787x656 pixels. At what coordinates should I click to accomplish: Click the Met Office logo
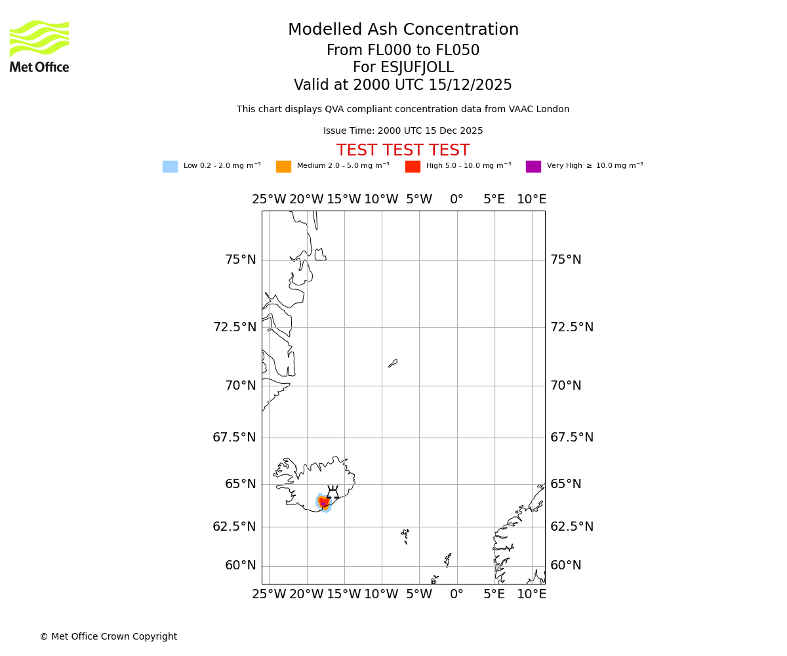39,46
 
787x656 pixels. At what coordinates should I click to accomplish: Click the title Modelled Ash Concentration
403,30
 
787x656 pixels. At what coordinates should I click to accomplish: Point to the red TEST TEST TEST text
403,151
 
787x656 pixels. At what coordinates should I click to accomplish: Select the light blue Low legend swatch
170,167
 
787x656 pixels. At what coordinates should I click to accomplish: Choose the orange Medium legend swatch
283,167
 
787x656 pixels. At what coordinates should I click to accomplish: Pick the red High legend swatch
413,167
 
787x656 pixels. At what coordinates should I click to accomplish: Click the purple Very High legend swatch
533,167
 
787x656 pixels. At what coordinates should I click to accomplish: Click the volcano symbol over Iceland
333,493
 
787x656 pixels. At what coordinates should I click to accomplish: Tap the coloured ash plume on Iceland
323,503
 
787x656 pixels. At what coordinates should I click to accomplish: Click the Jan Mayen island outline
393,363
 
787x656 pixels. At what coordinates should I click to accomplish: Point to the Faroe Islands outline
406,536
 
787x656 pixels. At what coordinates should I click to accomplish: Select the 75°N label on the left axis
241,260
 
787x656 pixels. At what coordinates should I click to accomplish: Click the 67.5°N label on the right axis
572,438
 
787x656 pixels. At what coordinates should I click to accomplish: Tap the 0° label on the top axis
456,199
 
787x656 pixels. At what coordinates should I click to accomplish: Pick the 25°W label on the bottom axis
269,594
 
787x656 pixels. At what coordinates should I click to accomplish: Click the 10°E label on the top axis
532,199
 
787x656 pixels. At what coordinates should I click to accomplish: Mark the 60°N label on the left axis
241,565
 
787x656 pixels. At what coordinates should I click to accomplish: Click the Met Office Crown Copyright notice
108,637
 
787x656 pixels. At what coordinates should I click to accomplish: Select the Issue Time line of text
403,131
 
